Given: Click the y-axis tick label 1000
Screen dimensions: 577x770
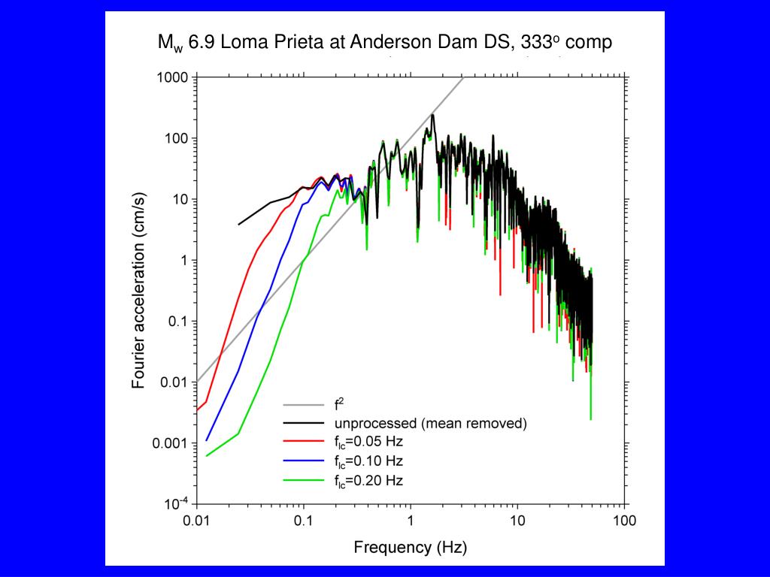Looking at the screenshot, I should pyautogui.click(x=173, y=77).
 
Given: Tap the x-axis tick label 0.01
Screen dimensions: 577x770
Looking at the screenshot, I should pyautogui.click(x=196, y=521).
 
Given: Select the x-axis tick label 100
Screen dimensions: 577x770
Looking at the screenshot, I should pyautogui.click(x=623, y=521).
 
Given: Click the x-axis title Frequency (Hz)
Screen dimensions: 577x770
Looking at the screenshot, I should pyautogui.click(x=410, y=547).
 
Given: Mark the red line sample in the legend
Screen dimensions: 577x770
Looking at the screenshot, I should pyautogui.click(x=303, y=442).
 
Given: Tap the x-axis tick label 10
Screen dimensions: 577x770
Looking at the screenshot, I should pyautogui.click(x=517, y=521).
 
